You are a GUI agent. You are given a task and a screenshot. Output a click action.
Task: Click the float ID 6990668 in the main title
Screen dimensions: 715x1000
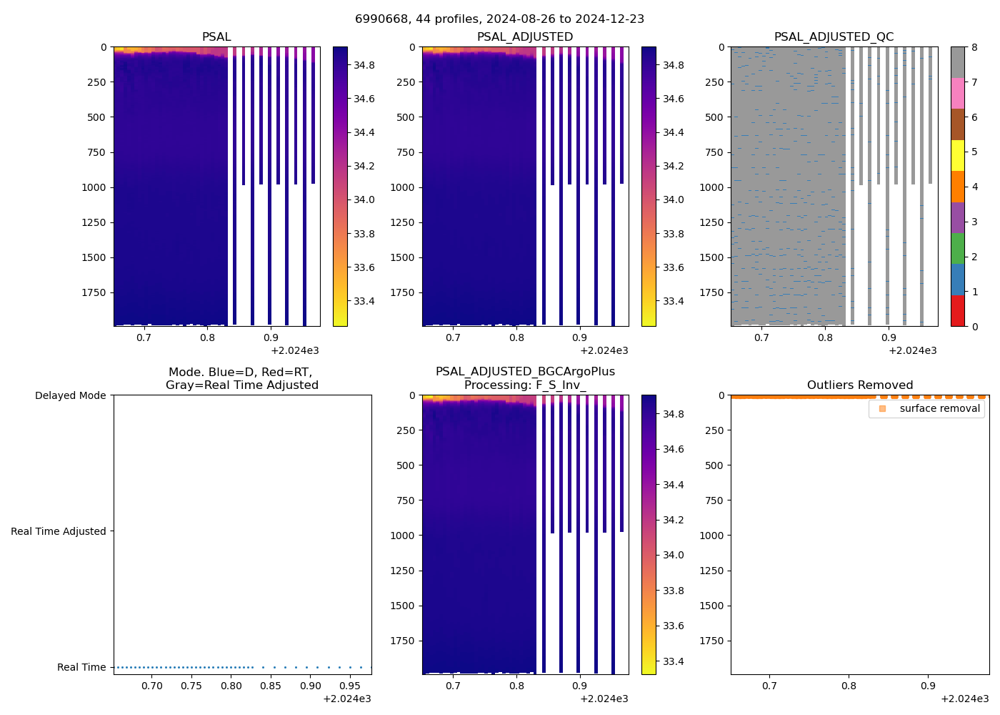379,19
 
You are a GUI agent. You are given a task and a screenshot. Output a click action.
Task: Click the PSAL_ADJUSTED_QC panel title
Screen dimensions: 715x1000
834,36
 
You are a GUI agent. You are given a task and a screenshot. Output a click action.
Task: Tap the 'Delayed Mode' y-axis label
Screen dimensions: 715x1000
70,395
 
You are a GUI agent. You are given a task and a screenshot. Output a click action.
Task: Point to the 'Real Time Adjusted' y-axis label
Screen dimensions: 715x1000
58,531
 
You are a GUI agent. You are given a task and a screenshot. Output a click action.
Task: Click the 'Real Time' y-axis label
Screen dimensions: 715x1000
81,667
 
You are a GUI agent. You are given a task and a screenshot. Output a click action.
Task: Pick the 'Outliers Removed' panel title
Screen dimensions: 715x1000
859,385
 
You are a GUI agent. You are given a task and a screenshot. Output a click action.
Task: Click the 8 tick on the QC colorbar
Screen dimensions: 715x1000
974,47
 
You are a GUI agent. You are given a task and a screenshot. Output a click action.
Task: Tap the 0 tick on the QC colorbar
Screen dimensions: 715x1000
974,326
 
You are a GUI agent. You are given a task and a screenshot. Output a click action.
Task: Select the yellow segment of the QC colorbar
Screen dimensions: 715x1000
957,155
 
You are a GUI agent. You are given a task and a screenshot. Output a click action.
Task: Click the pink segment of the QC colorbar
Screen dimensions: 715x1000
957,93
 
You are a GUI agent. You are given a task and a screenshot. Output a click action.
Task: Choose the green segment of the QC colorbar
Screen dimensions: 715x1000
957,248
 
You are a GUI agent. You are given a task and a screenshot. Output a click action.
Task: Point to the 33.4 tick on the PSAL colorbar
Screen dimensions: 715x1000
364,301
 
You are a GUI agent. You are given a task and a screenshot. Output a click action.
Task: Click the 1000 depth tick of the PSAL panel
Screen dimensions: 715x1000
93,187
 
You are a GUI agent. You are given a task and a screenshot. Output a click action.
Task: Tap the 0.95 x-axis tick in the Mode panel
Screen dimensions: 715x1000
349,686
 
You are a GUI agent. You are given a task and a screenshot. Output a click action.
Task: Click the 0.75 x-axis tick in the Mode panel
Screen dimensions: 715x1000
191,686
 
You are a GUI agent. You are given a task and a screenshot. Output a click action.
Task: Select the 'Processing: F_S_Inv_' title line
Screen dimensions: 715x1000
525,385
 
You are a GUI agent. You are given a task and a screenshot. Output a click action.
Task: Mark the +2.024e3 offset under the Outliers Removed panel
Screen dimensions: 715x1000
964,699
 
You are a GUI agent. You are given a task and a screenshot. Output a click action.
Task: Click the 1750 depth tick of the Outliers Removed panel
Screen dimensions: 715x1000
710,641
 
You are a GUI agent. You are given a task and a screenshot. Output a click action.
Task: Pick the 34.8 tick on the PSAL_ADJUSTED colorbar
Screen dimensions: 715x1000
674,65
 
